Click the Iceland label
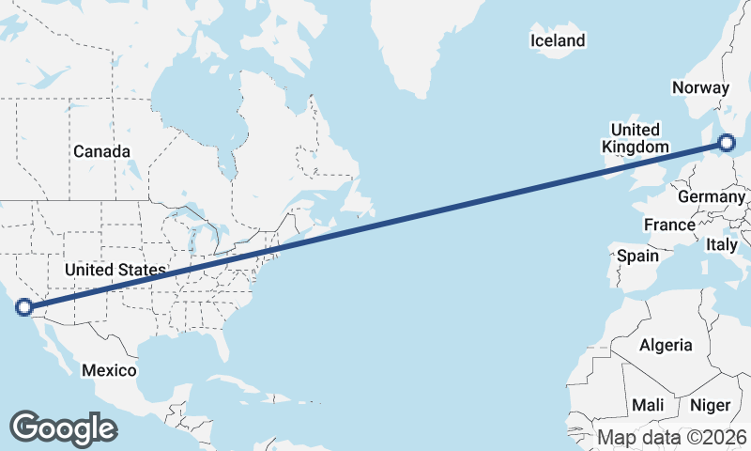[558, 40]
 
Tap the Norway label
[700, 87]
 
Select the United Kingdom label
[636, 138]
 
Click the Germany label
[710, 197]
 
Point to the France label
[669, 225]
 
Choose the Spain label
[637, 255]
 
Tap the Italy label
[722, 244]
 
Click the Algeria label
[666, 345]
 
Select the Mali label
[648, 405]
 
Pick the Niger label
[710, 405]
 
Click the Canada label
[101, 151]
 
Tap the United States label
[115, 271]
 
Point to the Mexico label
[108, 370]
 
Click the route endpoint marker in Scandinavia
[727, 144]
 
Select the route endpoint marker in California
[24, 306]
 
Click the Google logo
[63, 428]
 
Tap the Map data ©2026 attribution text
[672, 437]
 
